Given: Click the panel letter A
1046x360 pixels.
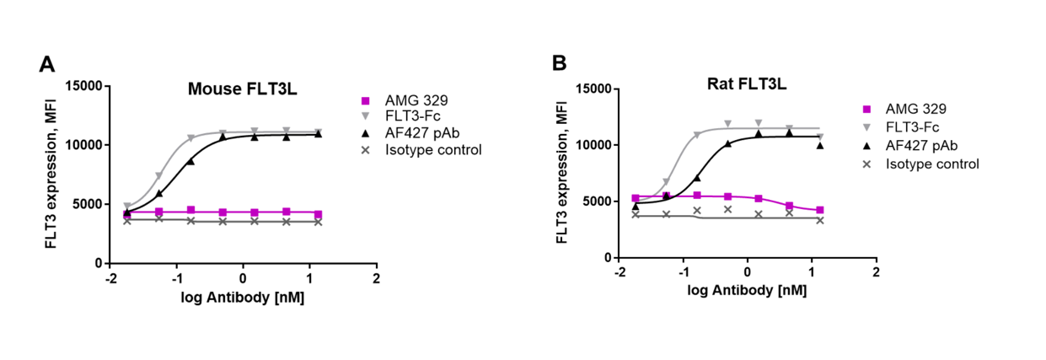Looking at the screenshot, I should (x=47, y=65).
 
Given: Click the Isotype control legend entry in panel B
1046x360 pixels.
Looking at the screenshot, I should (x=931, y=163).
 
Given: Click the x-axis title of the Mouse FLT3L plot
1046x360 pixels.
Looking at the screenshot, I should (x=243, y=298).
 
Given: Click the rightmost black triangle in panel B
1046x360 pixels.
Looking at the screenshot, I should (x=819, y=145).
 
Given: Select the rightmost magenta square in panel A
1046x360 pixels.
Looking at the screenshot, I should (x=318, y=214).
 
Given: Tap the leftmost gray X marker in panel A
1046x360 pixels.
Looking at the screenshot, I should (x=127, y=220).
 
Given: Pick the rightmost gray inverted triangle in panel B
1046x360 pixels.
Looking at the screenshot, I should (x=819, y=137).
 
